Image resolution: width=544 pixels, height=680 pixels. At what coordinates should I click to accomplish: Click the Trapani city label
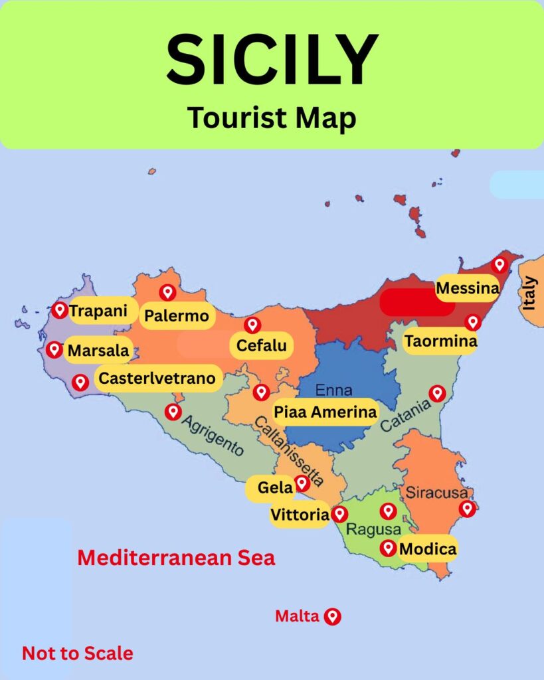pos(99,310)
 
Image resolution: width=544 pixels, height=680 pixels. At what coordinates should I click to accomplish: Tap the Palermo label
pos(177,316)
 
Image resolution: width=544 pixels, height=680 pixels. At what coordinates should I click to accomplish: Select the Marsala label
pos(99,350)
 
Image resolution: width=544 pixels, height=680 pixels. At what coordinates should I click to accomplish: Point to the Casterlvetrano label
pos(157,379)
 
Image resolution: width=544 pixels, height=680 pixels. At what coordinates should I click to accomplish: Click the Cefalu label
pos(262,345)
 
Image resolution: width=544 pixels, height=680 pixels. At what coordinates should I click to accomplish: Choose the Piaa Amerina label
pos(325,412)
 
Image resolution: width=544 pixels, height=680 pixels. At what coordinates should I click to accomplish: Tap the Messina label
pos(467,288)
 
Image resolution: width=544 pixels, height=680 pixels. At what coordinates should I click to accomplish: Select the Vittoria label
pos(300,515)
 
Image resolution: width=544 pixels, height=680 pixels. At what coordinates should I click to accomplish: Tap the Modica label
pos(428,549)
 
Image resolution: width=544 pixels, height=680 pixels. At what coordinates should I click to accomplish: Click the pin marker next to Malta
pos(332,616)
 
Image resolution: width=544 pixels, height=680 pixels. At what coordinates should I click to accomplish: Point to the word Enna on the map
pos(334,390)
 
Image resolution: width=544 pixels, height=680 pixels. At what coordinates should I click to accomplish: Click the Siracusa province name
pos(437,493)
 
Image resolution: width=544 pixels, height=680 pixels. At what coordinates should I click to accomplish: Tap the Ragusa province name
pos(374,530)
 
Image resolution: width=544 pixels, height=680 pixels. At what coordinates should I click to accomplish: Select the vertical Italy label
pos(529,293)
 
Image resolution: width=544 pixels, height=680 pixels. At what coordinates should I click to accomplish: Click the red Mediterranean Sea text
pos(176,558)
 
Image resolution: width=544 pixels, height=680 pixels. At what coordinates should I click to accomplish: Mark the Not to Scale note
pos(78,653)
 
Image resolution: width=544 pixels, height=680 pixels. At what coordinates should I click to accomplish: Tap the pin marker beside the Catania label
pos(437,393)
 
